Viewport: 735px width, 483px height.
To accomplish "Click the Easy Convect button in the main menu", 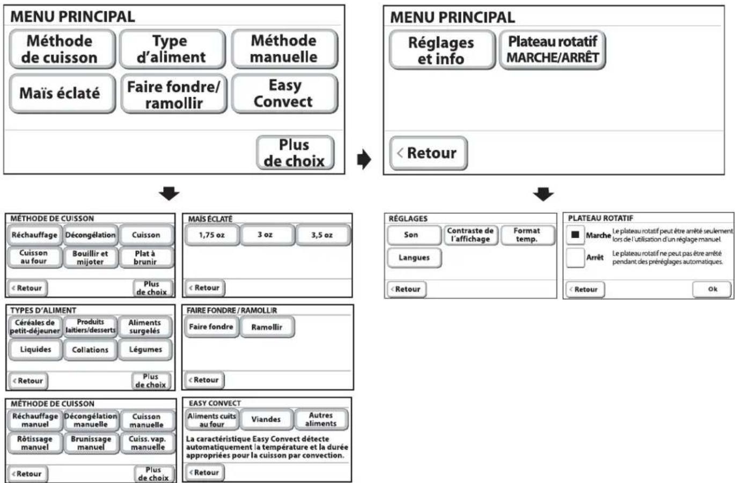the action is (x=284, y=93).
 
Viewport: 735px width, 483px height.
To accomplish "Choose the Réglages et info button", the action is (x=442, y=50).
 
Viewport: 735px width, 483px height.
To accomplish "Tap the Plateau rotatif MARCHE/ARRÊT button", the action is (x=553, y=50).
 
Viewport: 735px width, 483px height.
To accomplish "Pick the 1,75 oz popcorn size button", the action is (x=212, y=235).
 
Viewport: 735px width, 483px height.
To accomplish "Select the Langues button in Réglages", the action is (x=414, y=258).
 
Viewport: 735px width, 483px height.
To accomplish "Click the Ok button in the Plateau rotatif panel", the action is (x=712, y=289).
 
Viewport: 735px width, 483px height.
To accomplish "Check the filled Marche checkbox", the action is (x=575, y=235).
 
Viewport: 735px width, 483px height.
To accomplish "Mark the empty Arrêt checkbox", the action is (x=575, y=258).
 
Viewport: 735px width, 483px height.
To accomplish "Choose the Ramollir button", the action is (x=267, y=327).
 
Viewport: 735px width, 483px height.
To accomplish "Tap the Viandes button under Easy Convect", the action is (x=266, y=419).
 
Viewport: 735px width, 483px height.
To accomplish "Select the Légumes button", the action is (x=145, y=350).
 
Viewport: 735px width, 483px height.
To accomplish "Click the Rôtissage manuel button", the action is (x=35, y=443).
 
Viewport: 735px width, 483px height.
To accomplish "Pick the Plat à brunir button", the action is (x=146, y=258).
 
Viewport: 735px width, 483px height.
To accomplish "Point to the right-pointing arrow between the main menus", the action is (x=364, y=159).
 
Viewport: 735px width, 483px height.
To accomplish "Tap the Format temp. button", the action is (x=527, y=235).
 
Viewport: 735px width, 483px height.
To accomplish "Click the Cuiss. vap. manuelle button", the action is (x=148, y=443).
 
